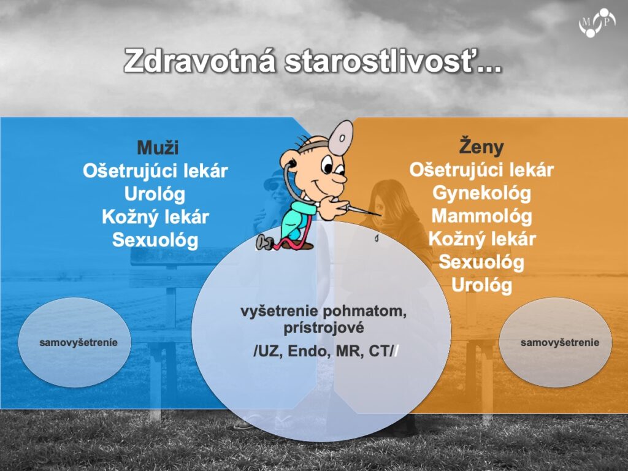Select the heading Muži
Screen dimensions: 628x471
click(x=158, y=147)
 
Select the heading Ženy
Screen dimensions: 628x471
click(x=481, y=146)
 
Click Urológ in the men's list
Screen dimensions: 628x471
click(x=155, y=194)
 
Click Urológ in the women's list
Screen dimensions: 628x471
click(x=482, y=285)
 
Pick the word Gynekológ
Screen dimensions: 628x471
click(x=482, y=193)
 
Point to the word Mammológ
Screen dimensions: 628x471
click(x=482, y=216)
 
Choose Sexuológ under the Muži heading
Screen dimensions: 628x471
click(x=155, y=240)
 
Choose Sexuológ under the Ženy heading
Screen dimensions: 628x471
click(x=481, y=262)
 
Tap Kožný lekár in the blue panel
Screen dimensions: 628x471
click(x=155, y=217)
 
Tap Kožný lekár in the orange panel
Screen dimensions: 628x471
click(x=482, y=239)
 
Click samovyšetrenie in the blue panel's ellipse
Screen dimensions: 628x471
click(x=78, y=342)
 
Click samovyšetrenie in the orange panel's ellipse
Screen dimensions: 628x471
click(x=560, y=342)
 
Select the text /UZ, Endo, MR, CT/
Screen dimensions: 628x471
click(x=324, y=351)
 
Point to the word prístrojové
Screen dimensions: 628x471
click(x=324, y=328)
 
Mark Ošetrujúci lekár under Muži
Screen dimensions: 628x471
click(x=155, y=171)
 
